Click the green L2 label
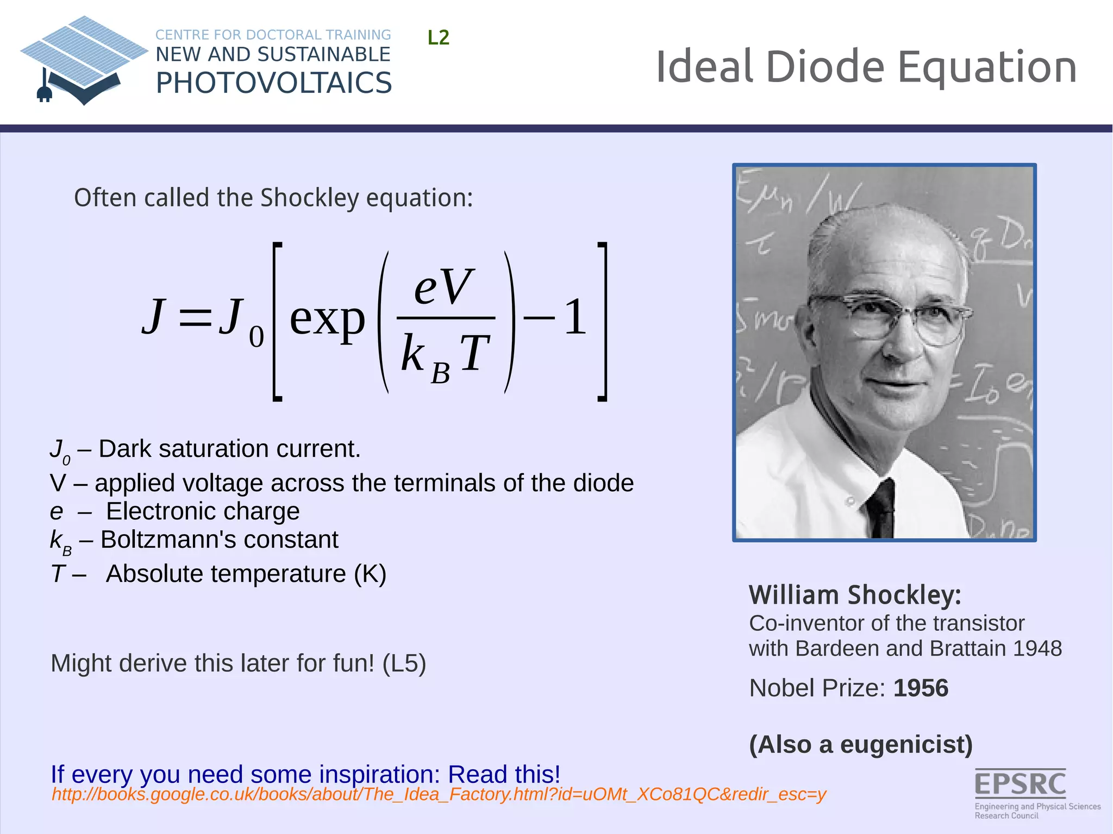coord(438,38)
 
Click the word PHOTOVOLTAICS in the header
coord(273,84)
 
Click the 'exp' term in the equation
coord(327,319)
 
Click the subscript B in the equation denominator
coord(440,374)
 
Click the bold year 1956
coord(921,688)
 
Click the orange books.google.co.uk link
coord(439,795)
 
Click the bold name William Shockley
coord(855,595)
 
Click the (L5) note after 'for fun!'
coord(404,664)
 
